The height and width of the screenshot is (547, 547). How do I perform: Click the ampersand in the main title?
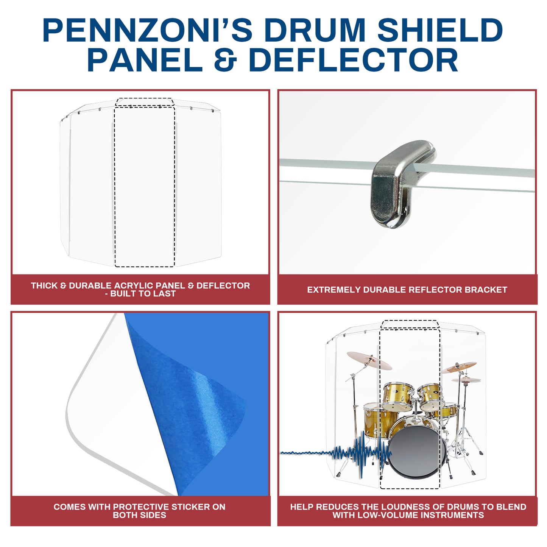[x=225, y=60]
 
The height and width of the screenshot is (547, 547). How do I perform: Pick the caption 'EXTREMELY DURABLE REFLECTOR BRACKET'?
[x=407, y=290]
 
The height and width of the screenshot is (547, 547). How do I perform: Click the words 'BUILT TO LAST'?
[x=143, y=293]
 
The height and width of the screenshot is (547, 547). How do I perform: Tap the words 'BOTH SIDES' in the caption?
[x=139, y=515]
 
